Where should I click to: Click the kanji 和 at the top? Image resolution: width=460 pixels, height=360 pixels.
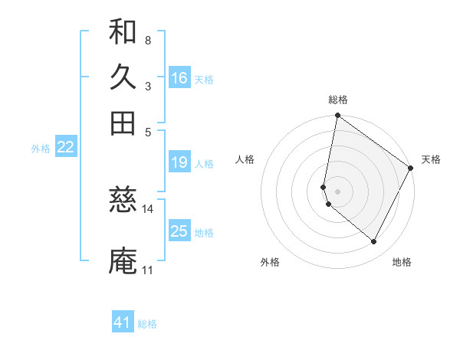click(x=123, y=32)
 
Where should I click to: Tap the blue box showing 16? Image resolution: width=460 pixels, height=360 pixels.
click(x=179, y=78)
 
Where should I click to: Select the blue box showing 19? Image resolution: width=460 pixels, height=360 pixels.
click(x=179, y=162)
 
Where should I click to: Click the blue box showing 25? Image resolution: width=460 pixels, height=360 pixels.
click(x=179, y=231)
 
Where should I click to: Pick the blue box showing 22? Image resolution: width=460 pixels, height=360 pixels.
click(x=65, y=147)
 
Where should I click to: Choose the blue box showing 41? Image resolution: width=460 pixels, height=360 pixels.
click(x=123, y=322)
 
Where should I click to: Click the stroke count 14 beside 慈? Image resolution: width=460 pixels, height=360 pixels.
click(x=148, y=208)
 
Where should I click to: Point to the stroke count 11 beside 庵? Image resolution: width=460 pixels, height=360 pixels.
click(x=147, y=270)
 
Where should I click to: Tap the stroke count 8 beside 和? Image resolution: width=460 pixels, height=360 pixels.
click(x=147, y=40)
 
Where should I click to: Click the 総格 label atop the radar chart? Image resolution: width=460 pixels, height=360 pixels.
click(x=338, y=100)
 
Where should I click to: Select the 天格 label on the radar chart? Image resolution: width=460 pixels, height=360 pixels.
click(x=431, y=159)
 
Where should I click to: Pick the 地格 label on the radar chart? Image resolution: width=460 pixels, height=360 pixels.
click(x=402, y=262)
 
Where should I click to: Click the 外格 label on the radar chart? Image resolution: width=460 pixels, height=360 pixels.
click(x=270, y=262)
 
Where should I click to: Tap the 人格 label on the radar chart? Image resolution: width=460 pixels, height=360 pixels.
click(x=245, y=159)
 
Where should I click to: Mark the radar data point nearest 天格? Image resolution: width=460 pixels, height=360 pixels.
click(x=411, y=169)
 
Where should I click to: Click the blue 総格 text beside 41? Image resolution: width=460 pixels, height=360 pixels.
click(x=147, y=324)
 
